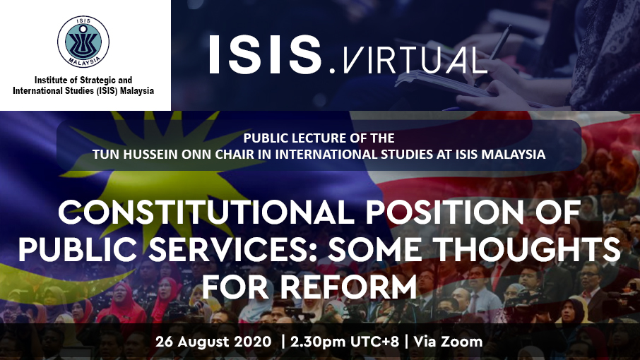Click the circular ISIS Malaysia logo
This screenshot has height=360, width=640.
coord(83,42)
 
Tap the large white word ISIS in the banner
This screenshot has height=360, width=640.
coord(266,54)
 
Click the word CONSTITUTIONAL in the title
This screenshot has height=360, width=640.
coord(206,212)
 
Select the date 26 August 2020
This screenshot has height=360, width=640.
coord(213,341)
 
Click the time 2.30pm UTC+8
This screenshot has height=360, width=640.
coord(345,341)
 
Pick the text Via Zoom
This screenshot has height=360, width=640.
coord(448,341)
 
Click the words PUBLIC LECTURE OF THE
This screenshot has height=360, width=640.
coord(319,138)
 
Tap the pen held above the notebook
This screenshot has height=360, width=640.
coord(493,56)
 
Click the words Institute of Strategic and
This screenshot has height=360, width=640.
coord(83,80)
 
